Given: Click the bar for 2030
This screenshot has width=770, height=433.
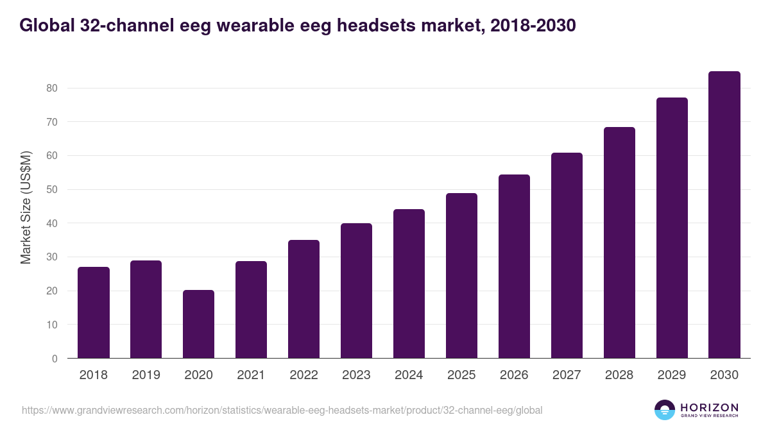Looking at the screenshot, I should [724, 215].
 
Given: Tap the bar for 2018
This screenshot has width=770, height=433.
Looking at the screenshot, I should [93, 312].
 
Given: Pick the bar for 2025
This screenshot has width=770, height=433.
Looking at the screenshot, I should [461, 276].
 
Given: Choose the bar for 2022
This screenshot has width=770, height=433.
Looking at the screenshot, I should [304, 299].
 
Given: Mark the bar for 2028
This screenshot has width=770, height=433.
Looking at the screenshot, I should [619, 242].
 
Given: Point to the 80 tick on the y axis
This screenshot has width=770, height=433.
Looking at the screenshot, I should [52, 88].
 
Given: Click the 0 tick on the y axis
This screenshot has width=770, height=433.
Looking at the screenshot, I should [55, 359].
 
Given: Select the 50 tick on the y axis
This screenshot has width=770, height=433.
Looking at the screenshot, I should [52, 189].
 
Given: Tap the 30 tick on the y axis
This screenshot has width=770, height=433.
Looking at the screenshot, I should [52, 257].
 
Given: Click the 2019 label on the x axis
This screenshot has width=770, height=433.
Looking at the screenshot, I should [146, 375].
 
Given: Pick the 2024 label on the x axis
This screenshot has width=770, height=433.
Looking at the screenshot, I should [409, 375].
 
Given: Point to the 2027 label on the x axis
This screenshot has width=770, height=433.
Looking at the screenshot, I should [567, 375].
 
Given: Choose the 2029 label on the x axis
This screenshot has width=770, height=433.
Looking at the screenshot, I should [672, 375].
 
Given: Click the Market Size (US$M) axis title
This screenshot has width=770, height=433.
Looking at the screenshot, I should [26, 207].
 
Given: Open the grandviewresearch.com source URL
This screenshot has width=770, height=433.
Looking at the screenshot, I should [282, 410].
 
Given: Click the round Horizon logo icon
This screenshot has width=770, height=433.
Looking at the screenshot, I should [665, 410].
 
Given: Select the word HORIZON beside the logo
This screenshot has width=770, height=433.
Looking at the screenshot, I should [709, 407].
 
